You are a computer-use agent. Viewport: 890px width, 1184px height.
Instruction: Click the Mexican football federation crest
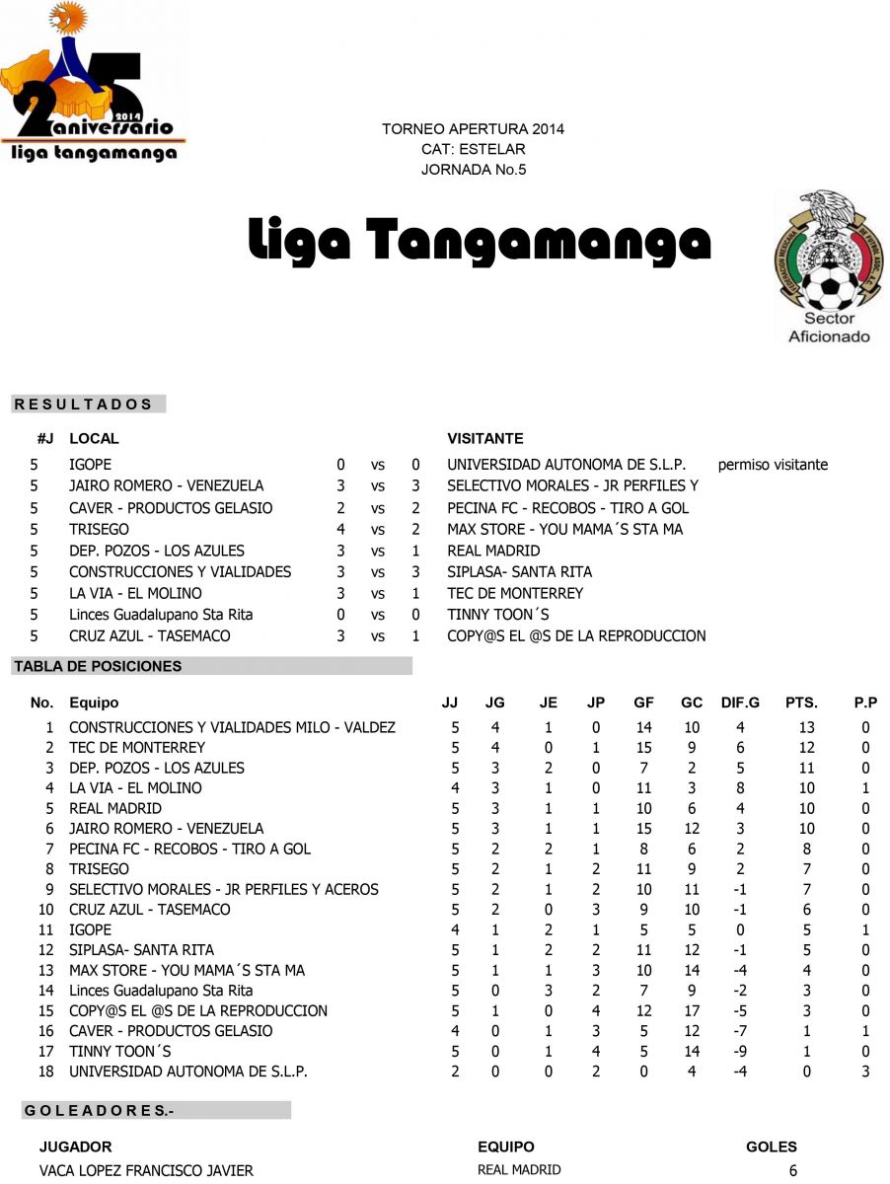(x=829, y=266)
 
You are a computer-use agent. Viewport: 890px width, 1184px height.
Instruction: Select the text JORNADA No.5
(x=474, y=170)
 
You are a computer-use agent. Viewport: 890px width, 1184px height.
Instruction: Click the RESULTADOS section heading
(x=84, y=405)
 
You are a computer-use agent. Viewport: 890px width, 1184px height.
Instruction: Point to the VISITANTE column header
(x=485, y=439)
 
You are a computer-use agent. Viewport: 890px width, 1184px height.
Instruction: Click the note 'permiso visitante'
(x=773, y=465)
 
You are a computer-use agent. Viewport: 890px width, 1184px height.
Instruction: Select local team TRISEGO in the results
(x=99, y=530)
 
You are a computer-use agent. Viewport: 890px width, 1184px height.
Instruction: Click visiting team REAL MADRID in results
(x=493, y=551)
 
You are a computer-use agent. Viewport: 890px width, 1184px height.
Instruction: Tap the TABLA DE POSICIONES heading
(x=98, y=667)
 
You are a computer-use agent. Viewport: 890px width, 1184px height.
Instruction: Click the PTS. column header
(x=801, y=703)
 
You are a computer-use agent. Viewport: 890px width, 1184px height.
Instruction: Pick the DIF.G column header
(x=740, y=703)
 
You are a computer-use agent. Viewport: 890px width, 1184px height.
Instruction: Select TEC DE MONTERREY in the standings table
(x=137, y=748)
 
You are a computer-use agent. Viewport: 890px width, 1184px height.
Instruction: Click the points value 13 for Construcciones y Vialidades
(x=806, y=728)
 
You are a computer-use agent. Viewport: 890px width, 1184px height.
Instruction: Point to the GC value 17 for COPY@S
(x=692, y=1011)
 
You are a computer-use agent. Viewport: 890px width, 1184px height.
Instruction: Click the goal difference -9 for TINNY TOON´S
(x=740, y=1052)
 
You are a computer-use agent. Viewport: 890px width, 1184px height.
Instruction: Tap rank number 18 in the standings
(x=45, y=1072)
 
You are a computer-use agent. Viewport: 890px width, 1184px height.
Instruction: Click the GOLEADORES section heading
(x=99, y=1111)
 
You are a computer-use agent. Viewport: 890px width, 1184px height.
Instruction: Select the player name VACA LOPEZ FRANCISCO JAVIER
(x=146, y=1171)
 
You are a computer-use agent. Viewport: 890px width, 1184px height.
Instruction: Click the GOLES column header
(x=772, y=1147)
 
